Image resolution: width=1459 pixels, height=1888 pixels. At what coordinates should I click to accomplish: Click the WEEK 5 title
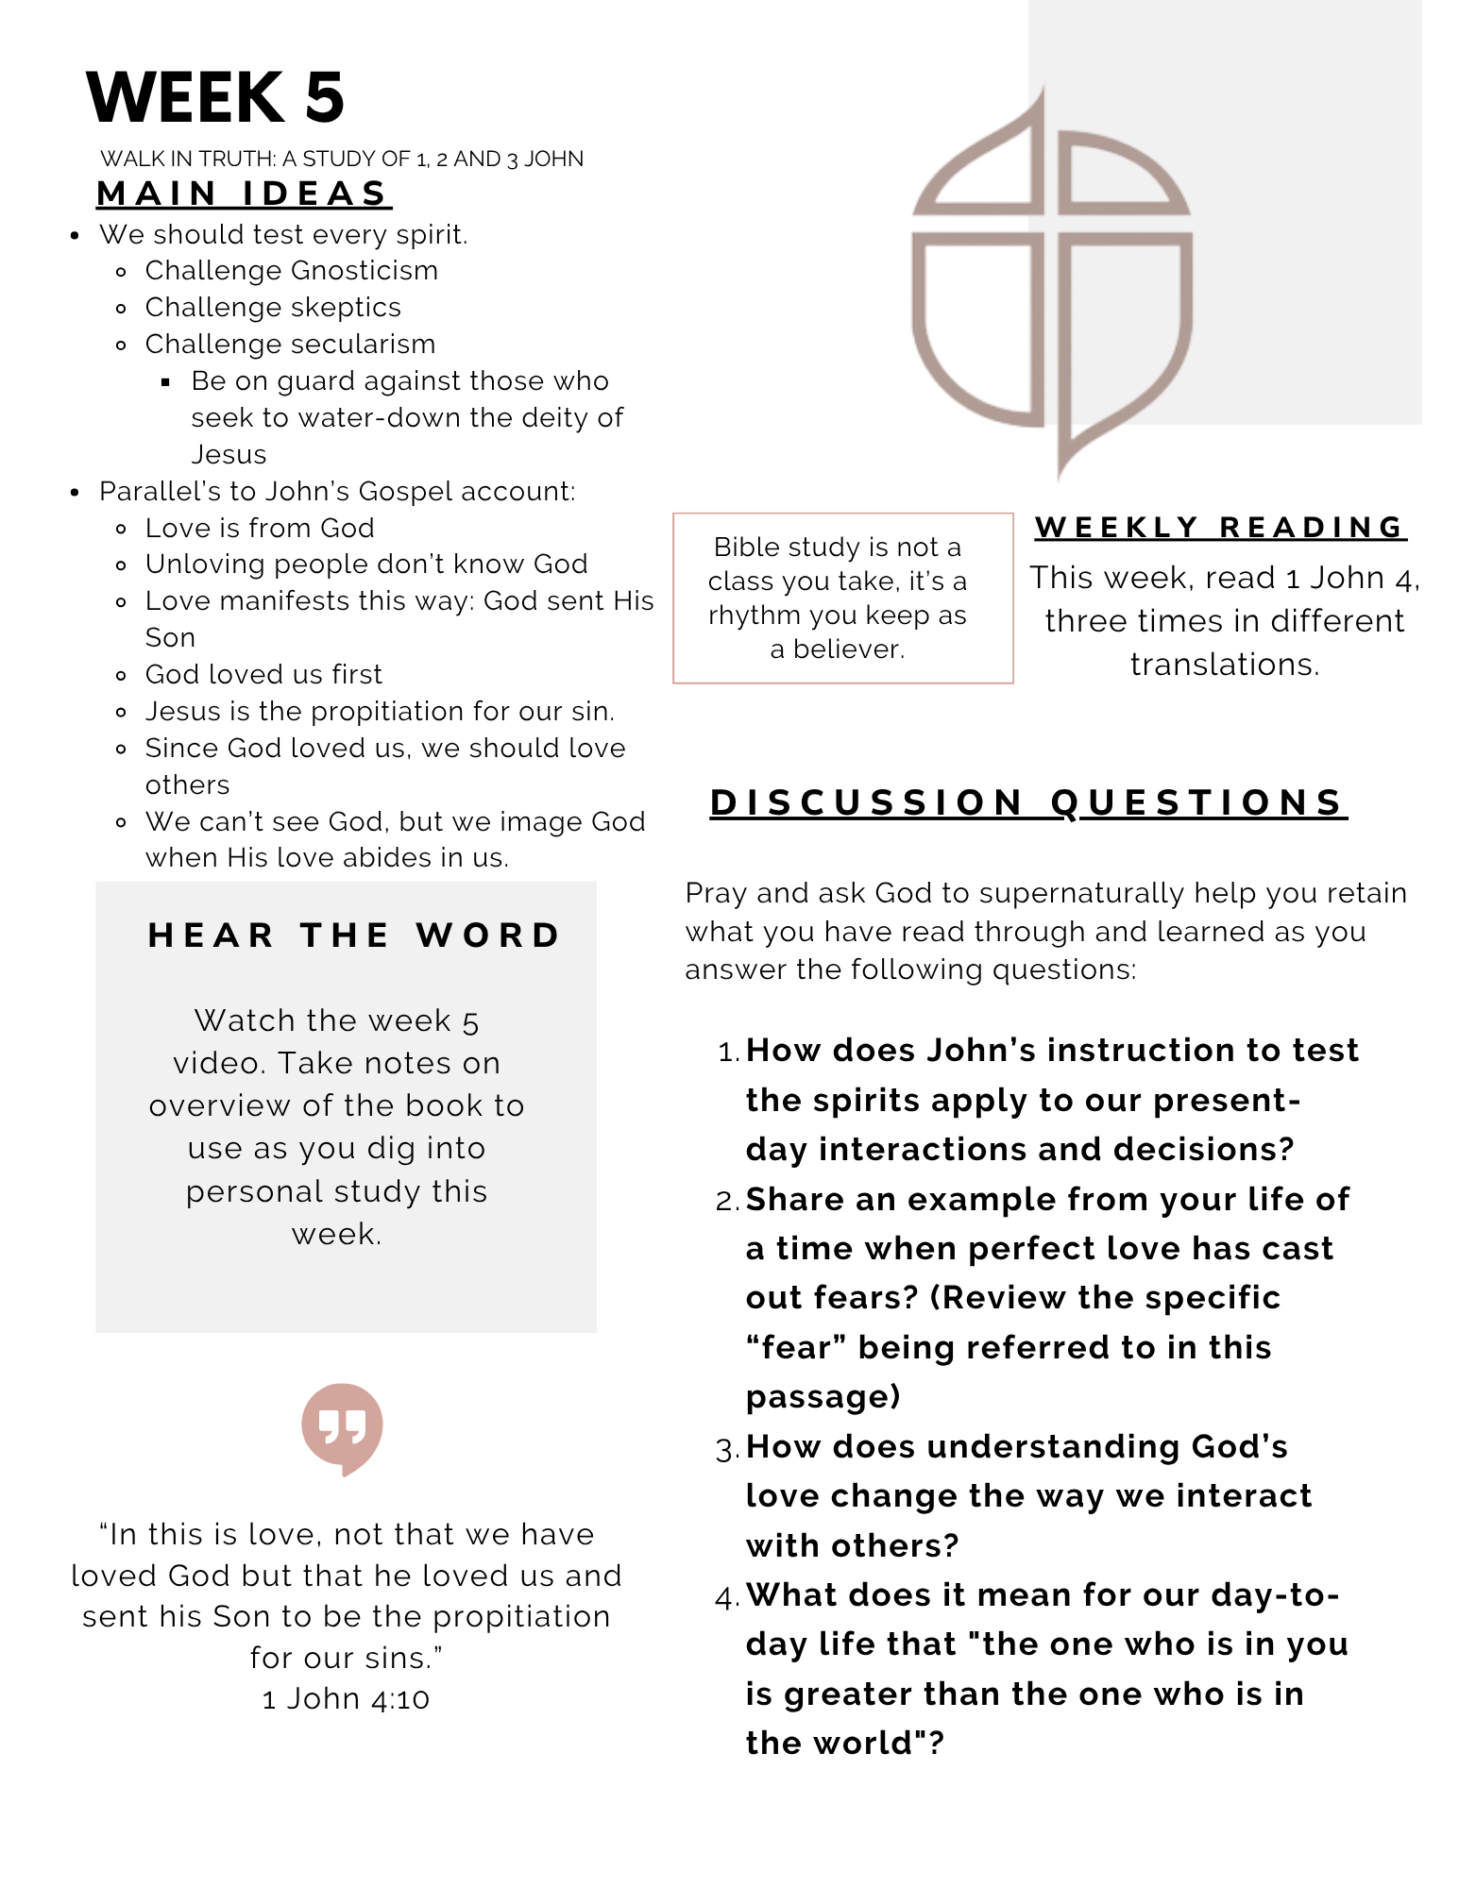coord(215,97)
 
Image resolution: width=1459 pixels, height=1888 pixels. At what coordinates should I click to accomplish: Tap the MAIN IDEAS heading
coord(244,194)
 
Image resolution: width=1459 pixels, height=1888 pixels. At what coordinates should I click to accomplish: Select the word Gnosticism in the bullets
coord(365,271)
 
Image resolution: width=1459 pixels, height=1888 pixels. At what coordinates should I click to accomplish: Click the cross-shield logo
coord(1051,283)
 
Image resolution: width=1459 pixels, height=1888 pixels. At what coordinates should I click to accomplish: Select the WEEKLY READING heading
coord(1220,527)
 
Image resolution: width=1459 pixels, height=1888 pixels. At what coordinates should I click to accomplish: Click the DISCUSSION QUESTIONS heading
coord(1027,802)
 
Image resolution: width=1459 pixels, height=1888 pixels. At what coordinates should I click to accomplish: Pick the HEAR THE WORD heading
coord(355,935)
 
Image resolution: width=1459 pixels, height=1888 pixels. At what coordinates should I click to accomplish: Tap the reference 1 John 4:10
coord(346,1699)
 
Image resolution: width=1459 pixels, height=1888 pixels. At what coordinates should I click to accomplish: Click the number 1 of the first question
coord(727,1052)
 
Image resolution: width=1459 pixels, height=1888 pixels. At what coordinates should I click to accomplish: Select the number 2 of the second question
coord(727,1201)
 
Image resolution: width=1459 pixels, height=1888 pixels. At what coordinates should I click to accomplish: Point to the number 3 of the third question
coord(727,1449)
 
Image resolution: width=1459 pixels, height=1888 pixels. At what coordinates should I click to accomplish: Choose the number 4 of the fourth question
coord(727,1597)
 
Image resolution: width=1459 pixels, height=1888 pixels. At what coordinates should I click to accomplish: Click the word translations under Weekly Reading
coord(1224,665)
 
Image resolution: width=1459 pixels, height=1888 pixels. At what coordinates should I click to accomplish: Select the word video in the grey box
coord(217,1064)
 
